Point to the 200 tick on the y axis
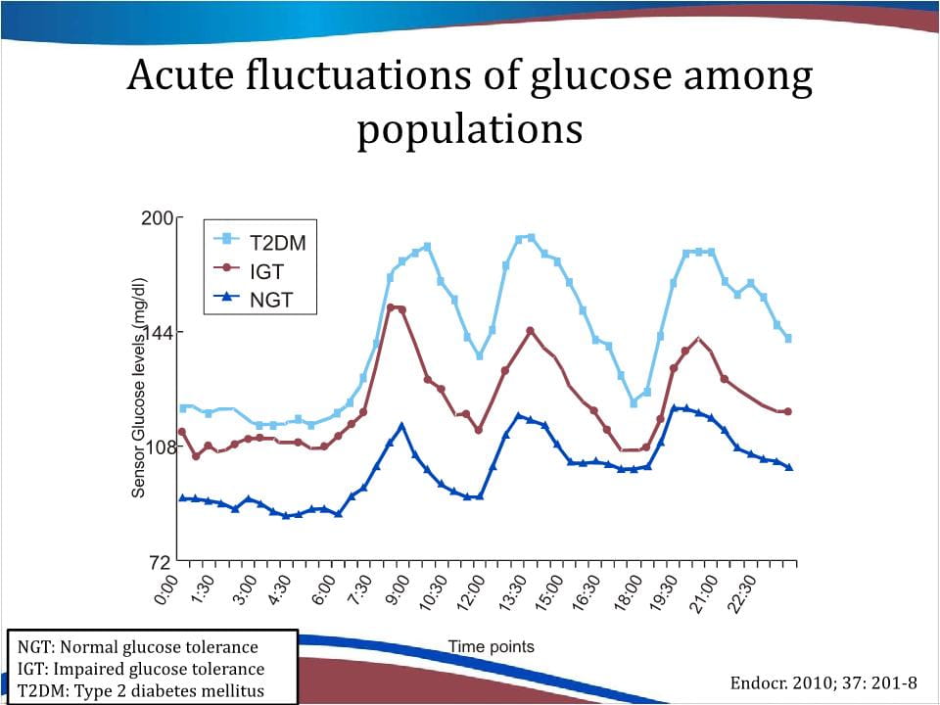click(156, 218)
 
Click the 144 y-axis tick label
click(156, 333)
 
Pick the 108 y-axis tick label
click(156, 447)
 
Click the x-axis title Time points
click(492, 646)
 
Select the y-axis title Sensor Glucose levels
click(139, 388)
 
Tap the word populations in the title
click(469, 128)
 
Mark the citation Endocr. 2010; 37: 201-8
click(824, 682)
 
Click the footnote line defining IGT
click(141, 670)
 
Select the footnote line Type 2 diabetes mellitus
click(141, 691)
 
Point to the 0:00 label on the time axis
click(166, 590)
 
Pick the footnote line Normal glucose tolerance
click(138, 647)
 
